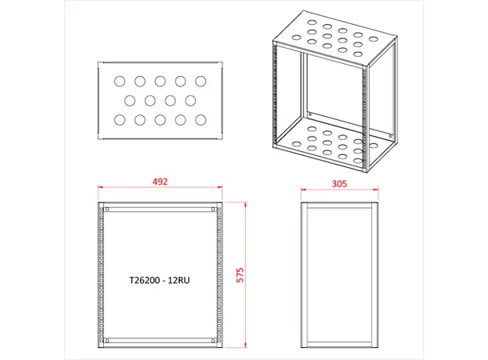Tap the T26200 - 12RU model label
point(160,282)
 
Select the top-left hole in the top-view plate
point(119,81)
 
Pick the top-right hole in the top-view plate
point(201,81)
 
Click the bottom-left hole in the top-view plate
point(119,120)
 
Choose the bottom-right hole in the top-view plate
point(201,120)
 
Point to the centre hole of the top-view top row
point(160,81)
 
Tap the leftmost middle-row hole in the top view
point(130,101)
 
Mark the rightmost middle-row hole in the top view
point(190,101)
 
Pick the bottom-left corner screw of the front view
point(106,342)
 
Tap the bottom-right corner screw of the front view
point(214,342)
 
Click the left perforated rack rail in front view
point(101,276)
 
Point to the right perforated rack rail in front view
point(218,276)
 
